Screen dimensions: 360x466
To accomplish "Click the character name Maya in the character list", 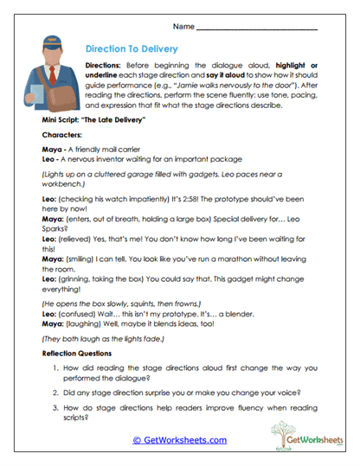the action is coord(53,150).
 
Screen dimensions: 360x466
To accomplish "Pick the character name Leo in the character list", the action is coord(50,160).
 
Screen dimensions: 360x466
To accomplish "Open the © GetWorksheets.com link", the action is coord(180,440).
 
